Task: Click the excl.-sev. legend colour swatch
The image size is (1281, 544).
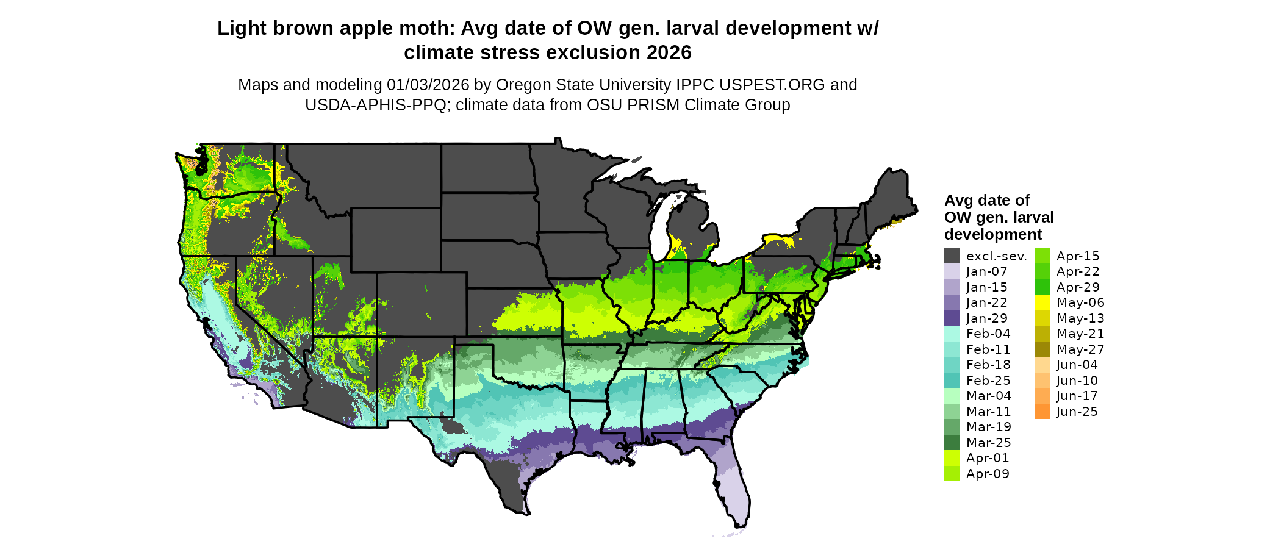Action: point(952,256)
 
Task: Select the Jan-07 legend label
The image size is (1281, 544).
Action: point(986,271)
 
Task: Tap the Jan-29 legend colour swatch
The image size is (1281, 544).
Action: point(952,318)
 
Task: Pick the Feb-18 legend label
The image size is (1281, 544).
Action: point(988,365)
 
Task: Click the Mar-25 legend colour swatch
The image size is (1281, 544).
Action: point(952,443)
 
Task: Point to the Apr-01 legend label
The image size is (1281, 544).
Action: point(988,458)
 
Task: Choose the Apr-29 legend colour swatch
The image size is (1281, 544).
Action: point(1042,287)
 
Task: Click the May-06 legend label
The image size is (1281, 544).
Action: point(1080,302)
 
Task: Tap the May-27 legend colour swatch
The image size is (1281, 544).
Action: point(1042,349)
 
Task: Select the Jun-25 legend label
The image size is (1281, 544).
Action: point(1077,412)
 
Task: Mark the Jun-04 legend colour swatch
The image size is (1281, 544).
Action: point(1042,365)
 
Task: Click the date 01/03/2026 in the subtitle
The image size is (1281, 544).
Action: point(428,85)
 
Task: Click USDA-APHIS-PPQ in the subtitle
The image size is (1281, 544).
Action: point(376,105)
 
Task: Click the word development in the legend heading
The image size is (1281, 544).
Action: point(992,235)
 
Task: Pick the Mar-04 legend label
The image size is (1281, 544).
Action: point(988,396)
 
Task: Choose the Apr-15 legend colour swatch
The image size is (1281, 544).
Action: point(1042,256)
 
